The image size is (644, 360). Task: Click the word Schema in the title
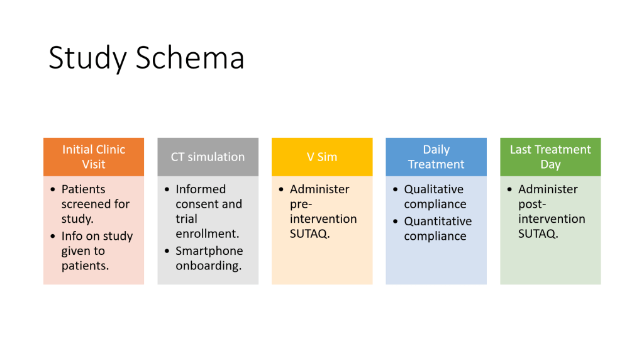(x=190, y=57)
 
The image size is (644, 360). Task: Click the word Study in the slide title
(x=87, y=59)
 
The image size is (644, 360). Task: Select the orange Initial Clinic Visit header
(x=94, y=157)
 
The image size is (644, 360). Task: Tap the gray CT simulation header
(x=208, y=157)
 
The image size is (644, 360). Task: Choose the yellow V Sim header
(x=322, y=157)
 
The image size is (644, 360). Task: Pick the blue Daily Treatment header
(x=436, y=157)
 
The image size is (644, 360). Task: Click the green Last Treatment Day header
(x=550, y=157)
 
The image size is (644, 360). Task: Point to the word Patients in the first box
(x=84, y=189)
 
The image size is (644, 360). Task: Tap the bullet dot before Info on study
(x=53, y=236)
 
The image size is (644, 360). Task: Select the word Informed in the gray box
(x=201, y=189)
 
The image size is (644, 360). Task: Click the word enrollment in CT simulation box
(x=206, y=233)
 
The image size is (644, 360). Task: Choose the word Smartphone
(x=209, y=250)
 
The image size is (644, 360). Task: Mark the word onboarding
(x=208, y=266)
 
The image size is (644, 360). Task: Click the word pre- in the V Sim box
(x=301, y=205)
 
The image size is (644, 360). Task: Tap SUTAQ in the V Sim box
(x=308, y=234)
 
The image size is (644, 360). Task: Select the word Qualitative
(x=434, y=189)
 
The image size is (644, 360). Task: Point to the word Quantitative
(x=438, y=221)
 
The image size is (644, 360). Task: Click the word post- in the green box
(x=532, y=205)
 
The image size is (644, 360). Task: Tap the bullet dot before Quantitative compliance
(x=396, y=222)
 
